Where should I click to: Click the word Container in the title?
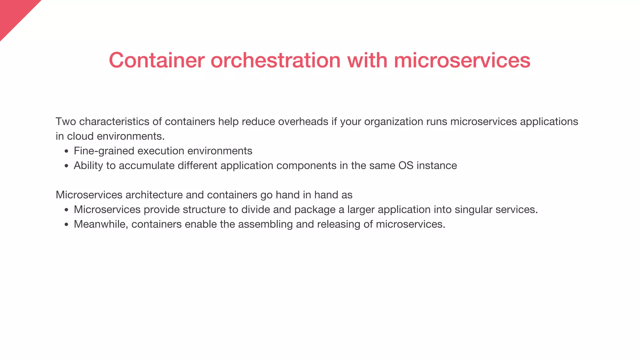point(157,60)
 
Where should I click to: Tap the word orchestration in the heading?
point(275,60)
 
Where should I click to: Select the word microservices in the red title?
point(462,60)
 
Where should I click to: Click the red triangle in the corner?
point(14,14)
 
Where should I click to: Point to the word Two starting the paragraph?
point(66,121)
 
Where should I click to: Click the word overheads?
point(303,121)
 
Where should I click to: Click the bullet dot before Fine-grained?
point(66,152)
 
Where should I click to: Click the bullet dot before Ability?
point(66,166)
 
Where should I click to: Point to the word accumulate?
point(147,165)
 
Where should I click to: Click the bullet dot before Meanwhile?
point(66,225)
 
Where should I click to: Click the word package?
point(315,210)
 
